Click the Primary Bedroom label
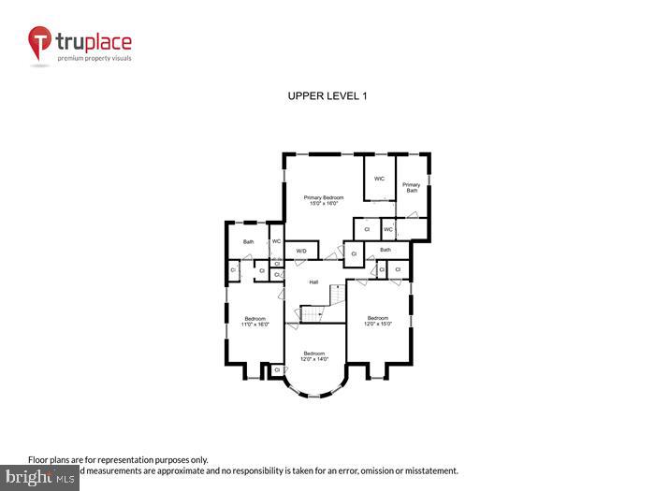click(x=324, y=197)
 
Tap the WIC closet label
click(x=379, y=179)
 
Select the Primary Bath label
click(x=411, y=187)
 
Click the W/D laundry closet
click(x=301, y=251)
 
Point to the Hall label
click(x=314, y=282)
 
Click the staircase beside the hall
click(x=328, y=305)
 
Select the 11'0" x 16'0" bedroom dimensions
click(x=255, y=325)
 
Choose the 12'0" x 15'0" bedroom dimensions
click(x=377, y=324)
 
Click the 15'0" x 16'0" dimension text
click(x=324, y=203)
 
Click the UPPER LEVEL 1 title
click(x=327, y=96)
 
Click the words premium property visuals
click(x=95, y=59)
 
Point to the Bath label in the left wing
click(x=248, y=242)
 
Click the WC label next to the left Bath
click(x=276, y=242)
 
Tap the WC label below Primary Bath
click(x=388, y=228)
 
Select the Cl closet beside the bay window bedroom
click(x=277, y=370)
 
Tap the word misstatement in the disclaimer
click(x=427, y=470)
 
